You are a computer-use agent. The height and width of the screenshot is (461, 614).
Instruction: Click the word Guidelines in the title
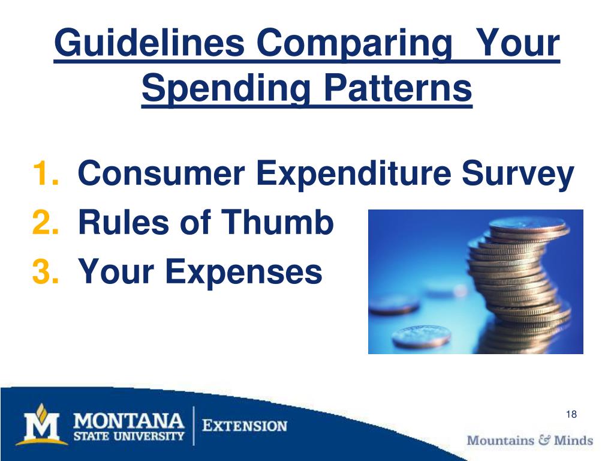point(148,44)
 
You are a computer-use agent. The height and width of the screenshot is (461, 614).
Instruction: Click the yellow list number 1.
point(44,175)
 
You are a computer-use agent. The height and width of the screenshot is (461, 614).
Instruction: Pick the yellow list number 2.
point(45,223)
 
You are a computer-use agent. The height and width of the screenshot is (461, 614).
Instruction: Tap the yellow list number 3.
point(45,271)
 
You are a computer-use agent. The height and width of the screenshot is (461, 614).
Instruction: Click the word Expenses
point(244,271)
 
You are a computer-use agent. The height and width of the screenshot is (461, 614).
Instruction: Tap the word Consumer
point(161,175)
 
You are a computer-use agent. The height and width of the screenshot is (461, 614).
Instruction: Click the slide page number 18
point(571,415)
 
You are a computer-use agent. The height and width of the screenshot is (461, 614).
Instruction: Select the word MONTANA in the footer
point(129,419)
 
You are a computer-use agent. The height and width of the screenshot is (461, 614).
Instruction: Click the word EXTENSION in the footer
point(244,427)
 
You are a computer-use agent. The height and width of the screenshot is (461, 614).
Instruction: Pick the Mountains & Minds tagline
point(529,440)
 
